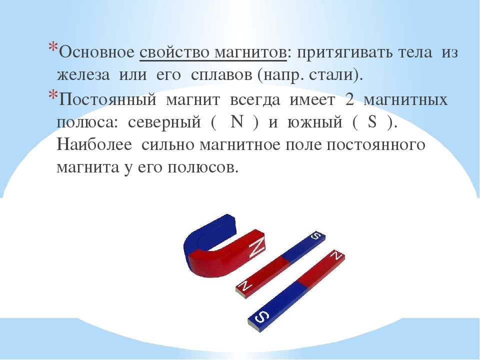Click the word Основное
(x=96, y=52)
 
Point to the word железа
(x=83, y=75)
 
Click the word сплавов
(x=221, y=75)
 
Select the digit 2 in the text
(x=349, y=99)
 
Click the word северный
(x=164, y=122)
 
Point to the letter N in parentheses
(x=237, y=122)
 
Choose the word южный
(x=314, y=122)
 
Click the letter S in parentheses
(x=372, y=122)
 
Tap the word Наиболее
(x=94, y=144)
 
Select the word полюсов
(x=202, y=167)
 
